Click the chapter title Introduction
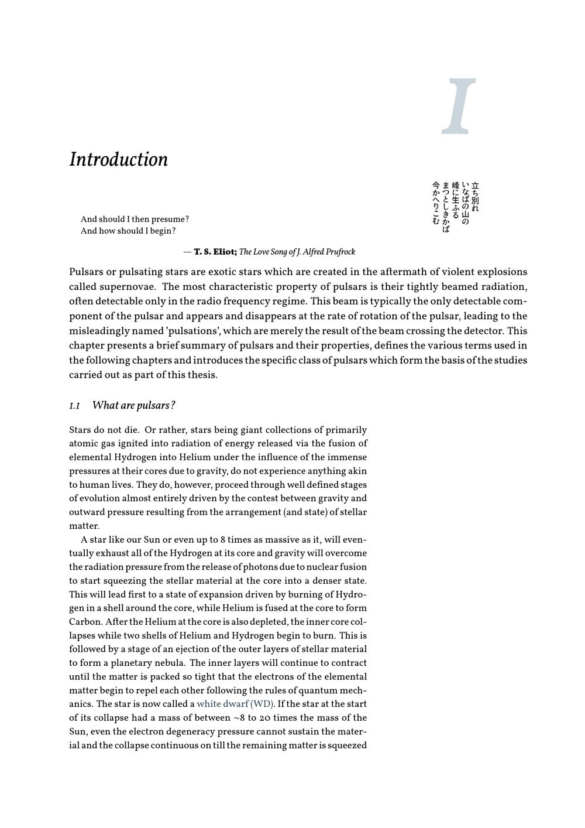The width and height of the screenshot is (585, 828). pos(119,159)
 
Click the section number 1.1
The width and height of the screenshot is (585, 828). pos(74,406)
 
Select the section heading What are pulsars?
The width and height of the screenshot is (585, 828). pos(134,405)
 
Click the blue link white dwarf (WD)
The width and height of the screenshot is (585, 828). pos(235,704)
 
